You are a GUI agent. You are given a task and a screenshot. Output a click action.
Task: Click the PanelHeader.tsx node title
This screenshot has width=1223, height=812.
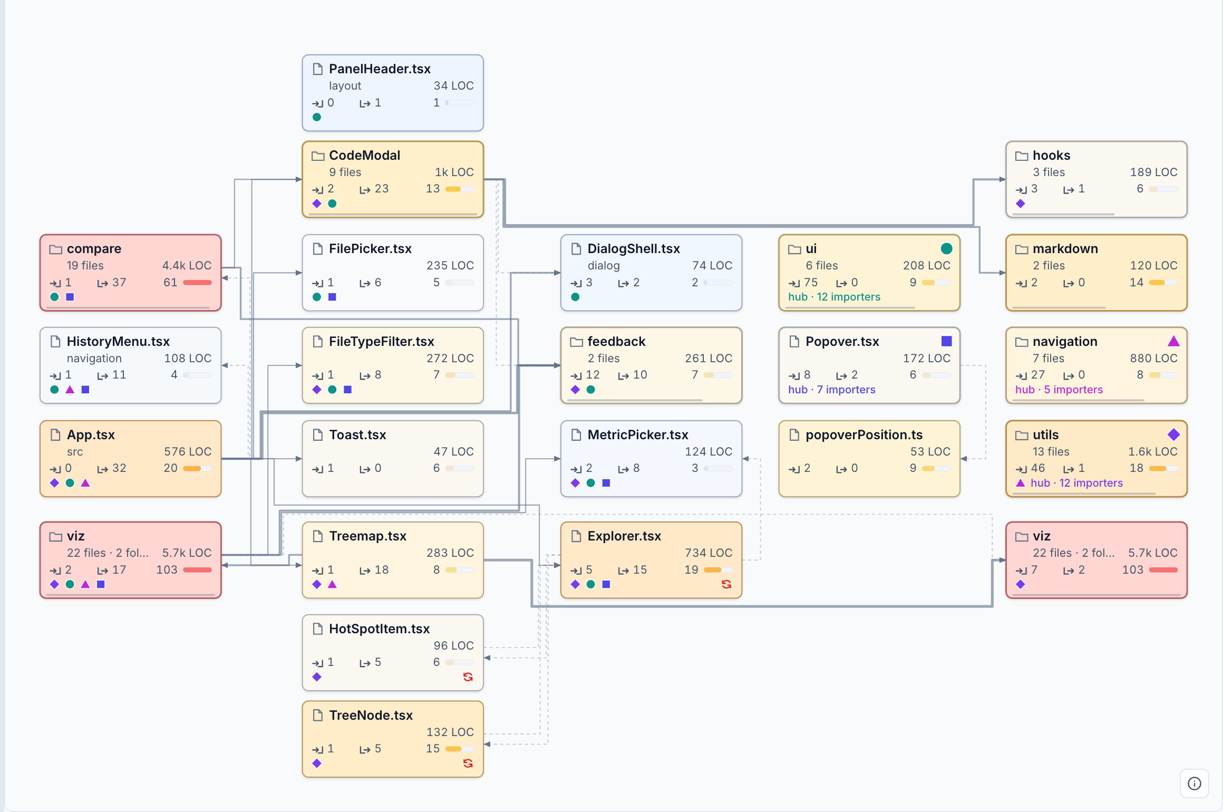click(380, 69)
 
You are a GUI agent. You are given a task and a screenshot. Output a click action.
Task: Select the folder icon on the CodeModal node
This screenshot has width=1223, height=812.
click(318, 156)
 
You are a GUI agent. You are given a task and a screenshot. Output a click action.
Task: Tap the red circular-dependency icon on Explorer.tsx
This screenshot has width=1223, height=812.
click(726, 584)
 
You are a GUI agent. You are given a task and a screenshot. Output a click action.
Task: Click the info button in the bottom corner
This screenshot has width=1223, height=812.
click(1195, 784)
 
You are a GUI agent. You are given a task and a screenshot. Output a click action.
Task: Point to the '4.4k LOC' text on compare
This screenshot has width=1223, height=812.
click(187, 265)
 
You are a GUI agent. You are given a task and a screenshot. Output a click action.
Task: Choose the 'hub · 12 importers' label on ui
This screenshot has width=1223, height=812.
click(834, 297)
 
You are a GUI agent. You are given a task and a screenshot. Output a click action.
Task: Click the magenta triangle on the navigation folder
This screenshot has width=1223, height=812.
click(1173, 341)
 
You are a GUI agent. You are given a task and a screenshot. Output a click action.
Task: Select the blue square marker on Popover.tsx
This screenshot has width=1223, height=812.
click(947, 341)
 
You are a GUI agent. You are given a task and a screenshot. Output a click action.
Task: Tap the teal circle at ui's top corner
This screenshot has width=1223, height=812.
click(947, 248)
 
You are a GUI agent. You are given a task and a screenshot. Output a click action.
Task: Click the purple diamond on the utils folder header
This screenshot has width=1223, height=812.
click(1173, 434)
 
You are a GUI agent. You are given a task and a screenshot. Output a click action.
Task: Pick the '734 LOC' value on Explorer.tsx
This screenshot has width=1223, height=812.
click(708, 553)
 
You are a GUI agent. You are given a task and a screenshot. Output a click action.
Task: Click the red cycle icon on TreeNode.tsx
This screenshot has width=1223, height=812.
click(468, 763)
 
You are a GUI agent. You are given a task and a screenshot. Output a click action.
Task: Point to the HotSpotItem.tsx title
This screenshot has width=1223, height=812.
click(379, 629)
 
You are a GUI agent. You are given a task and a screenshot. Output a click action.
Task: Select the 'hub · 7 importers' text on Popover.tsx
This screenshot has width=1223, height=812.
click(831, 390)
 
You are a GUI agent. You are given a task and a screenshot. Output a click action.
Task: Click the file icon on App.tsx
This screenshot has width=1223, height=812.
click(55, 434)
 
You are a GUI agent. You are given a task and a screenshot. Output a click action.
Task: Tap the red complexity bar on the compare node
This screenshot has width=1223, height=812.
click(197, 283)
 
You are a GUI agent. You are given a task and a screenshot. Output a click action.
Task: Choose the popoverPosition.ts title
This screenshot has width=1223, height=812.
click(864, 434)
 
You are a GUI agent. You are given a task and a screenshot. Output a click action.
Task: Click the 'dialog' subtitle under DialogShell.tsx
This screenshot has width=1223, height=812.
click(604, 265)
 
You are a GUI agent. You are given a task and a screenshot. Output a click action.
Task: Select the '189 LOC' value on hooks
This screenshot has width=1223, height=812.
click(1153, 172)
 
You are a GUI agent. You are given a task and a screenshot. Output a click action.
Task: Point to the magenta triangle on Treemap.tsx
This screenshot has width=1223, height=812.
click(332, 584)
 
